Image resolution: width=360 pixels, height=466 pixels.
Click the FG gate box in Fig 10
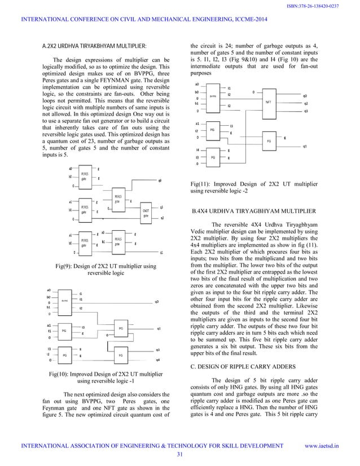coord(121,355)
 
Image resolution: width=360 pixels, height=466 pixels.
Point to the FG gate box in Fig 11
coord(268,139)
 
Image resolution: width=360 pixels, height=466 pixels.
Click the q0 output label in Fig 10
coord(157,302)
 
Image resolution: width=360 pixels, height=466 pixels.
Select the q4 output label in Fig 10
coord(158,359)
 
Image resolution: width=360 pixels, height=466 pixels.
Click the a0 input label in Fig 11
coord(196,83)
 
